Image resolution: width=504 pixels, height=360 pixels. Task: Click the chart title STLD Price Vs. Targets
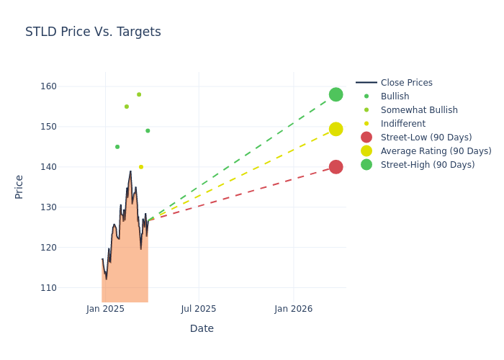93,32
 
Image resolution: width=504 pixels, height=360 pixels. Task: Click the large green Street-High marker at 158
336,94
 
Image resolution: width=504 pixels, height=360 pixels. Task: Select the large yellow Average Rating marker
336,129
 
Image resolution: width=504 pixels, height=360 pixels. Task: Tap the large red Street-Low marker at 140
336,167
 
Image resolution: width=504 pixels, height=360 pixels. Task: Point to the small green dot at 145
117,147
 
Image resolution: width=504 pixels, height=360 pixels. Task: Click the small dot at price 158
139,94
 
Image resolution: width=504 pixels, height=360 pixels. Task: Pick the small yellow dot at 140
141,167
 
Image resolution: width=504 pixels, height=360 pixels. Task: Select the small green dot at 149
148,131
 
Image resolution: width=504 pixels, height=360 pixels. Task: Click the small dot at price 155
127,107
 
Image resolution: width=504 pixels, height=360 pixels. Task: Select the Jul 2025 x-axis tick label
199,309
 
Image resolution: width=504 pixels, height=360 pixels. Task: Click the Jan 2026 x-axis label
294,309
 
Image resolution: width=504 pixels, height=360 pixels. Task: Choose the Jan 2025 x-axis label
105,309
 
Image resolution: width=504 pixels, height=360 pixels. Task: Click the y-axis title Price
19,186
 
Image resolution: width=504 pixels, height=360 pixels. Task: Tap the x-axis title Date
202,329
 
